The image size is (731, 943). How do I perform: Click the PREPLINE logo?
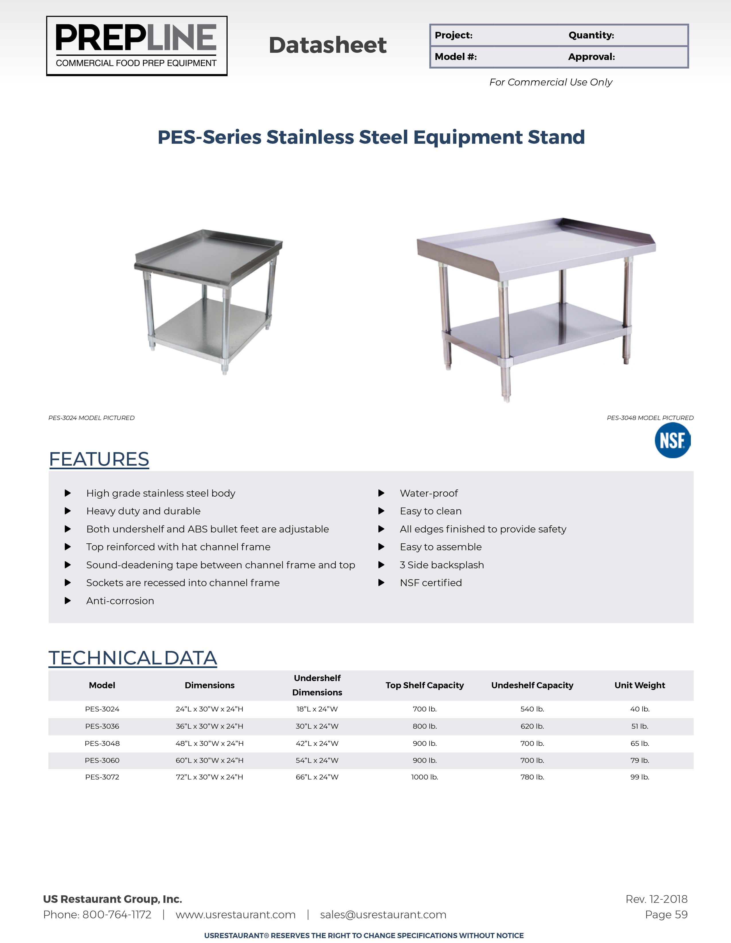136,46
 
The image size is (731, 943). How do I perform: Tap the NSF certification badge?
672,440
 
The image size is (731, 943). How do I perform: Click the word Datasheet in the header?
328,45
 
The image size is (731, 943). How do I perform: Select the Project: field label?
453,35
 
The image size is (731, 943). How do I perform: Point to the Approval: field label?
591,57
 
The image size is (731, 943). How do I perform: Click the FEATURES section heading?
99,459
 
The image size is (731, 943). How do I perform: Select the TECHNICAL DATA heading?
132,658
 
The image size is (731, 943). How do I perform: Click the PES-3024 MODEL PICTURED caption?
91,418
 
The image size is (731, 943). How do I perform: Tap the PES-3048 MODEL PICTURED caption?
650,418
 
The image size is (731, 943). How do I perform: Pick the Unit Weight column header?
640,685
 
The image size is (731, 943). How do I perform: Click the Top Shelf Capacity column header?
425,685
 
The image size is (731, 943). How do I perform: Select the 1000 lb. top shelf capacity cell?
425,777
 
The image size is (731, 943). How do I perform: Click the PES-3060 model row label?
102,760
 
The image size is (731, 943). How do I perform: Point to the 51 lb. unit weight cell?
640,726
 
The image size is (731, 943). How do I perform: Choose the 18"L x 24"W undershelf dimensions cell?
317,709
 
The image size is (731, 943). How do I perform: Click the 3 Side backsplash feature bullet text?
442,565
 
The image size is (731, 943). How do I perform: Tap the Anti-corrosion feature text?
120,601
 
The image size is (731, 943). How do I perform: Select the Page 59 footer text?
666,915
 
